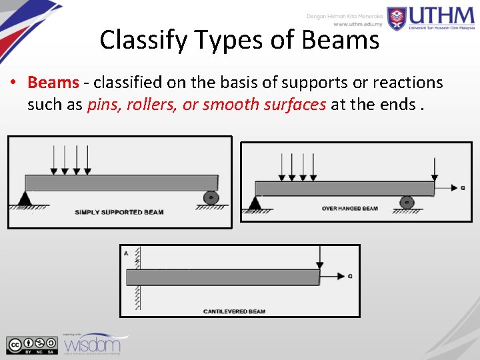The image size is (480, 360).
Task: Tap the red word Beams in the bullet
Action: pos(53,82)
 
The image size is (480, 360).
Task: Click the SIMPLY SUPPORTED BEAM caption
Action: pos(119,212)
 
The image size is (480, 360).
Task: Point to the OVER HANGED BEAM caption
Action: pos(349,209)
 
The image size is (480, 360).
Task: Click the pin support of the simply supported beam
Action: pos(25,198)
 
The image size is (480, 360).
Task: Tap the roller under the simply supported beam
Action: pos(211,198)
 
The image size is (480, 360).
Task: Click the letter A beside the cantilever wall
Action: pos(126,253)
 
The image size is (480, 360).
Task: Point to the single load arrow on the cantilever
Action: pos(321,257)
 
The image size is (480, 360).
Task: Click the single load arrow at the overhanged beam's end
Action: pos(434,169)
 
